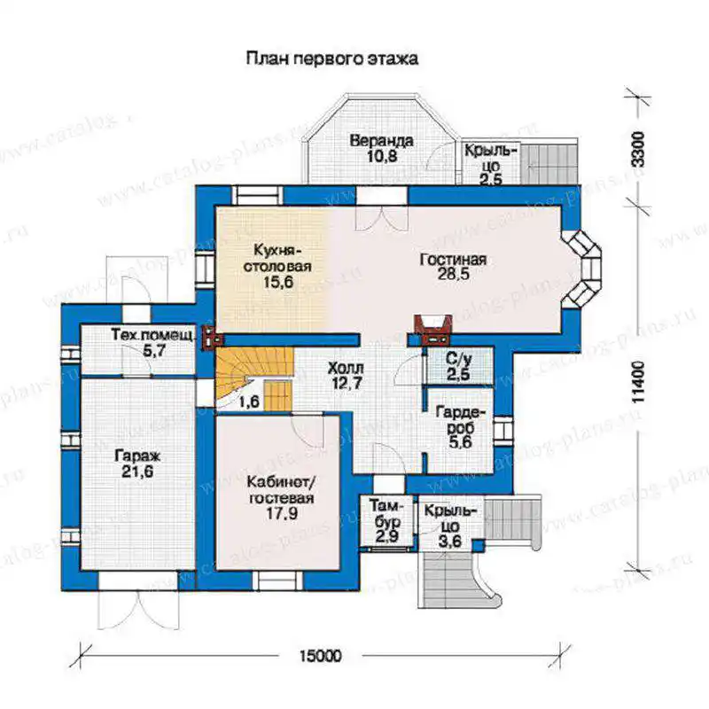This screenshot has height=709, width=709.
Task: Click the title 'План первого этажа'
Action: tap(331, 58)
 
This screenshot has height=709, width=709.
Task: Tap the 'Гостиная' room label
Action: tap(453, 260)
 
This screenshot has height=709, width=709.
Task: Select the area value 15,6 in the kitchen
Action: tap(278, 282)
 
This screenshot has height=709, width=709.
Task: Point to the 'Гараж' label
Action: tap(137, 456)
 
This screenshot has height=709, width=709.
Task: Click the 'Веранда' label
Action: tap(382, 141)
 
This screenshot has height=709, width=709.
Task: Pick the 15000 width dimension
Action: tap(321, 655)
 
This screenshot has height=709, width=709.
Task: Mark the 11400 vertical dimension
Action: tap(637, 383)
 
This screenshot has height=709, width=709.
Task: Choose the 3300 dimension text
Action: tap(637, 149)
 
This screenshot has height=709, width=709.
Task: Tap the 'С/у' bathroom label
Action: tap(458, 359)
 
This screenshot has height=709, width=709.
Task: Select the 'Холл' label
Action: tap(346, 368)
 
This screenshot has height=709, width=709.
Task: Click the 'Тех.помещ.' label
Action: tap(153, 335)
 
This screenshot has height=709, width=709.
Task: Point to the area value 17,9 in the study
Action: tap(281, 513)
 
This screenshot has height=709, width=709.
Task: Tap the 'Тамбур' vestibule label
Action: tap(386, 513)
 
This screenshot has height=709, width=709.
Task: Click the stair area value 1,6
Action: tap(249, 401)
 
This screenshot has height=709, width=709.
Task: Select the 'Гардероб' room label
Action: tap(461, 420)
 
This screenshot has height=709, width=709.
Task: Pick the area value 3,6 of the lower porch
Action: tap(450, 541)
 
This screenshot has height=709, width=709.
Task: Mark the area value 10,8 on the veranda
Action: tap(382, 157)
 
